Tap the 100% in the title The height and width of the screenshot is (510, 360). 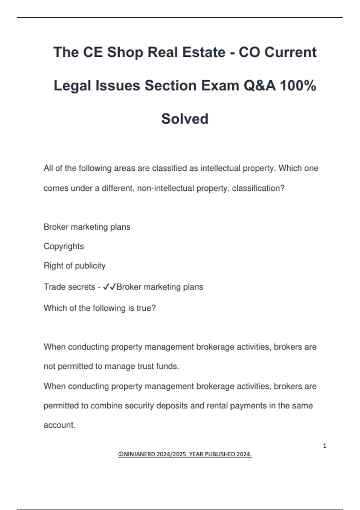[x=298, y=86]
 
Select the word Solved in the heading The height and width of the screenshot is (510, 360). [x=185, y=119]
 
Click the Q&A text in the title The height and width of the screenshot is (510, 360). [x=259, y=86]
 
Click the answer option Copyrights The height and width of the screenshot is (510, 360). [x=64, y=246]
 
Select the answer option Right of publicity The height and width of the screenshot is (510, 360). [x=74, y=266]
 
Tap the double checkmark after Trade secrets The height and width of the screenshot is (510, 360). [x=109, y=287]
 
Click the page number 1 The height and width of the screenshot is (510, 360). [x=325, y=446]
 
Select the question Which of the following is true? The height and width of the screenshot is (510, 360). [x=100, y=308]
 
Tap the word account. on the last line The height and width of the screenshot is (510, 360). [x=59, y=425]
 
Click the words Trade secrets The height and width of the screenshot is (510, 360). [x=69, y=287]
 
